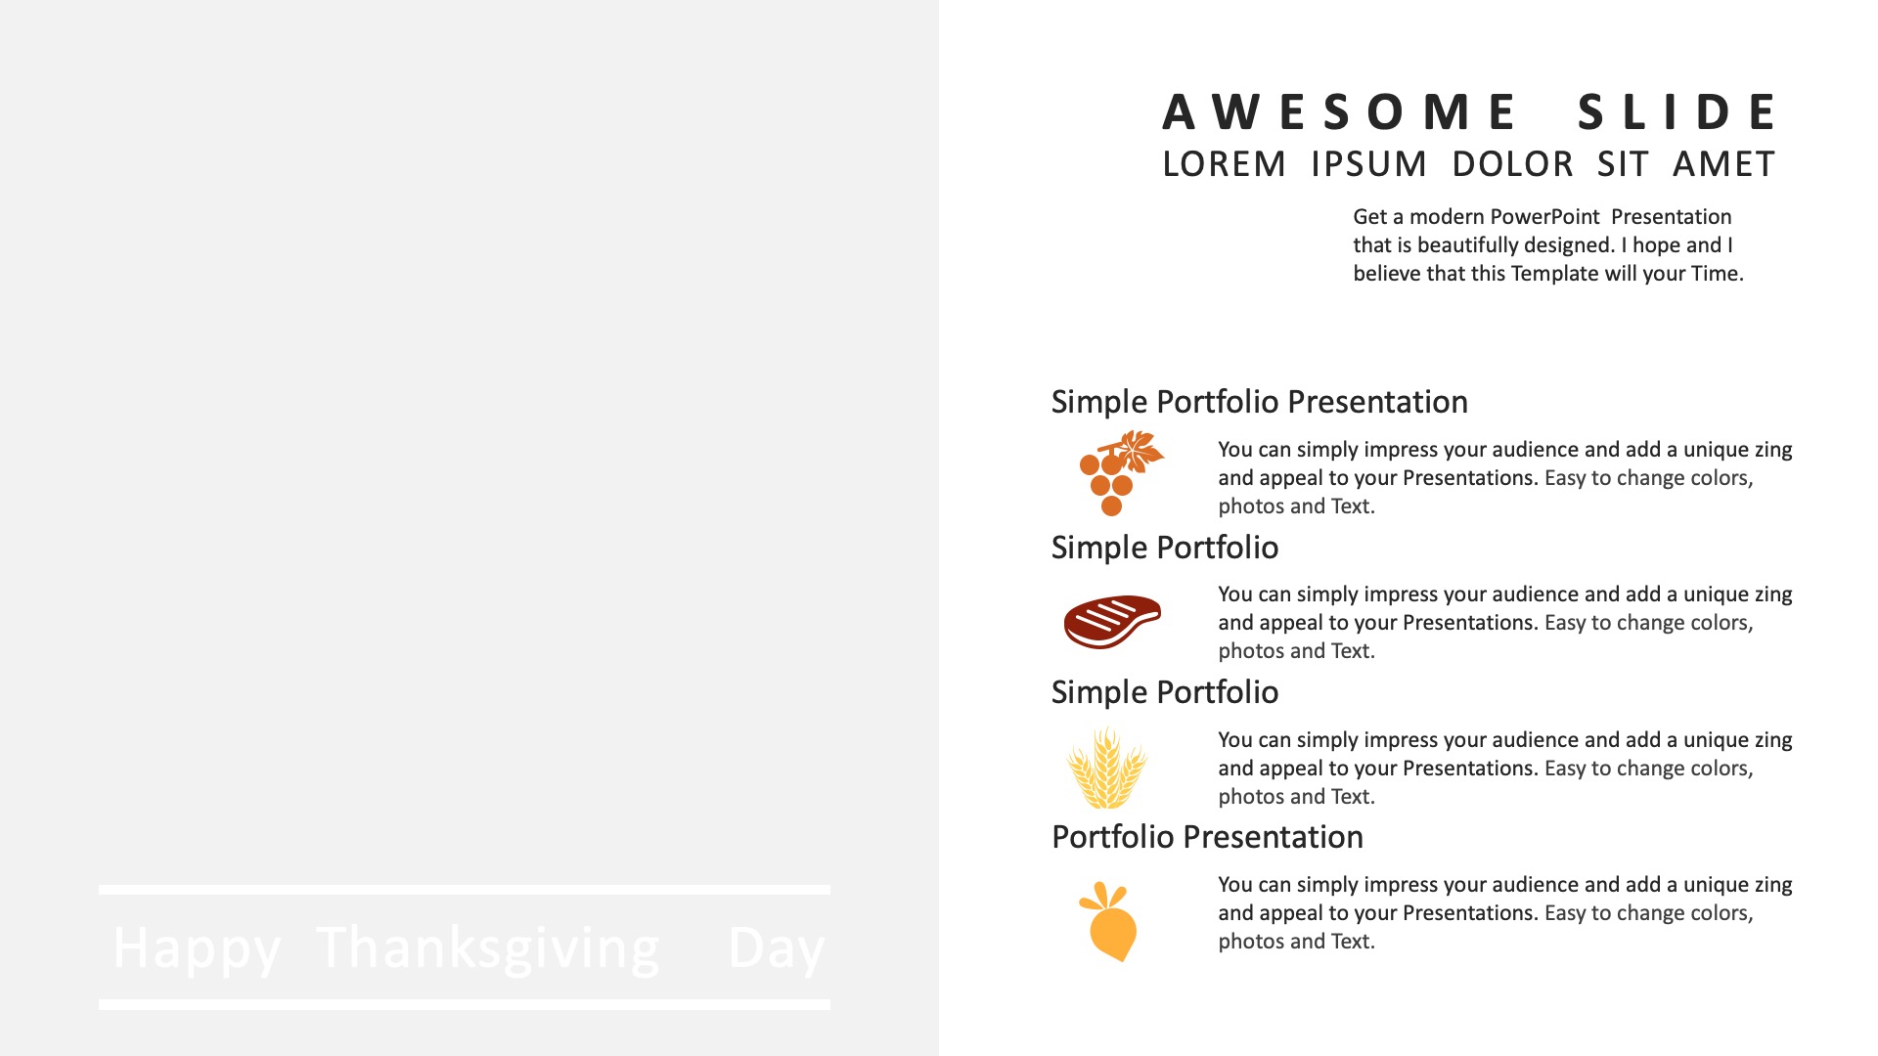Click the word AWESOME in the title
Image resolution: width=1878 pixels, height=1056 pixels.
[x=1339, y=111]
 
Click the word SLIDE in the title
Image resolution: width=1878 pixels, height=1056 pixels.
[x=1677, y=111]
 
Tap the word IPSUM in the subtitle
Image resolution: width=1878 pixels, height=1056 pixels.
[x=1368, y=164]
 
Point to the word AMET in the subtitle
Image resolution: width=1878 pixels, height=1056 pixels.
[x=1723, y=164]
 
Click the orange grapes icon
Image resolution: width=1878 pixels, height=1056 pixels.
[x=1120, y=473]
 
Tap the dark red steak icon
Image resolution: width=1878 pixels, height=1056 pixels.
[x=1112, y=621]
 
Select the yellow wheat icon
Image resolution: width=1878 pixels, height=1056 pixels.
[x=1106, y=768]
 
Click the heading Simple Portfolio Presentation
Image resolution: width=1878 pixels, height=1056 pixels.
[x=1259, y=402]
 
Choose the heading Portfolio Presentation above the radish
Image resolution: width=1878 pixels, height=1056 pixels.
[x=1207, y=837]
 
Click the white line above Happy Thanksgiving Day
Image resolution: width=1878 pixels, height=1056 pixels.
[x=465, y=890]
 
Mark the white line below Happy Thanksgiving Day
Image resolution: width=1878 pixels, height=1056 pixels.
[x=465, y=1004]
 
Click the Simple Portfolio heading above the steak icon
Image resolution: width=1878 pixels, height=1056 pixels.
[x=1164, y=548]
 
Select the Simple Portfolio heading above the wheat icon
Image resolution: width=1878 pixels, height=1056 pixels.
[x=1164, y=692]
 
